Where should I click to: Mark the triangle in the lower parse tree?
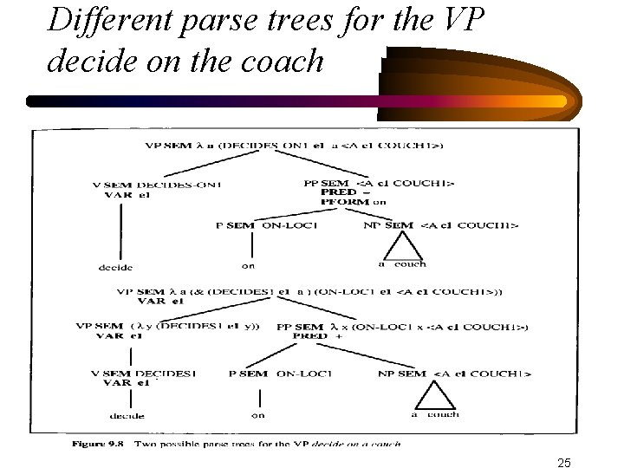click(430, 398)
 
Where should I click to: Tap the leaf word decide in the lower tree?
click(127, 416)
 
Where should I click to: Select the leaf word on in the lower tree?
click(257, 415)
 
